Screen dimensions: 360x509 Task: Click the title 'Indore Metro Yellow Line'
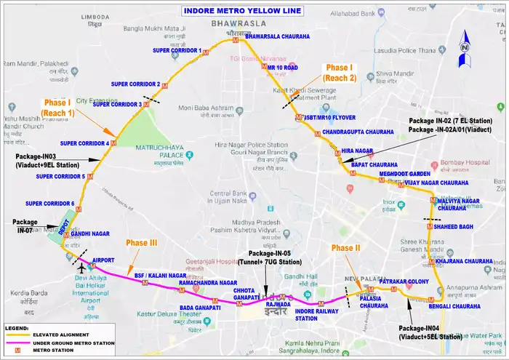[x=241, y=11]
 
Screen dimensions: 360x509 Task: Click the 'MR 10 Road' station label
[x=282, y=67]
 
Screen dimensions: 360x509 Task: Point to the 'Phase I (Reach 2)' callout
[x=340, y=72]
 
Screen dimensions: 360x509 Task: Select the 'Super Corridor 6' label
[x=50, y=203]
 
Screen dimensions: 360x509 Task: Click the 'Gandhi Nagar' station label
[x=90, y=234]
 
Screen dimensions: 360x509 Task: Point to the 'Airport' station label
[x=104, y=260]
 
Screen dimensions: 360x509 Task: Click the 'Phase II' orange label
[x=346, y=248]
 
